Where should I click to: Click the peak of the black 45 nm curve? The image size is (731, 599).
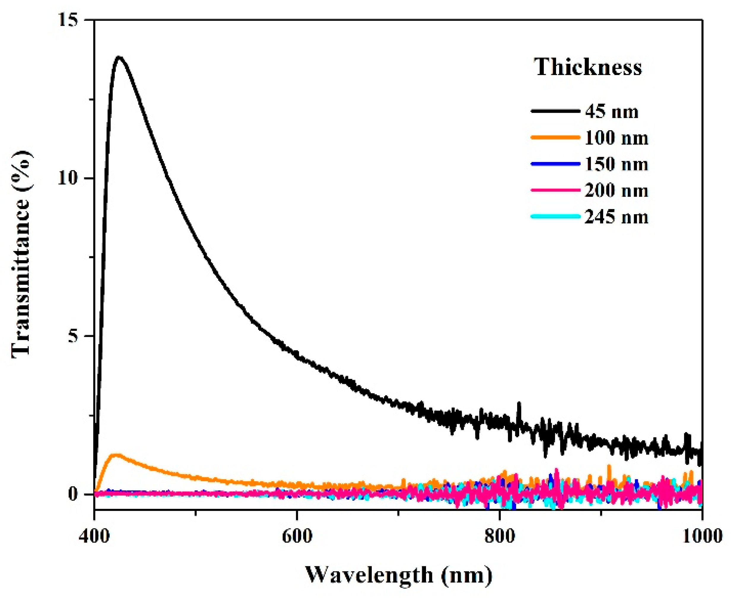pos(119,57)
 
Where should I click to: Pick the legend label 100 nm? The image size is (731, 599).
pos(616,138)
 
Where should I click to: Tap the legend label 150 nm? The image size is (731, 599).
pos(616,164)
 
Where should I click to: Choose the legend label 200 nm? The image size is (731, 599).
pos(616,190)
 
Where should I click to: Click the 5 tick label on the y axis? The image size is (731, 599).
pos(74,336)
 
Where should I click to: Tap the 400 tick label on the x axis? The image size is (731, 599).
pos(94,536)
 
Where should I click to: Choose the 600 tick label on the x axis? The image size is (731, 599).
pos(297,536)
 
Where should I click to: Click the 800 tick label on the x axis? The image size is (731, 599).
pos(500,536)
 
